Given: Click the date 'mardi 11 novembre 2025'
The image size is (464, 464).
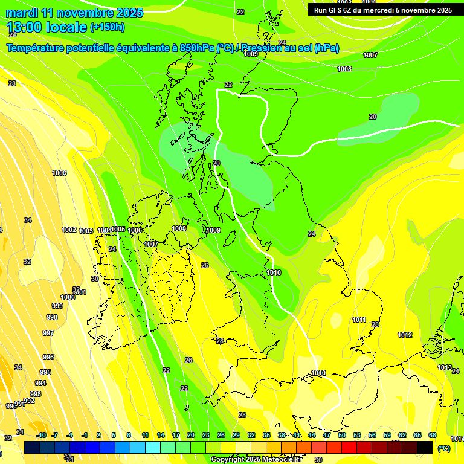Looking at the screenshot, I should (74, 13).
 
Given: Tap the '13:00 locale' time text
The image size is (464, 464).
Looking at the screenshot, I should (47, 27).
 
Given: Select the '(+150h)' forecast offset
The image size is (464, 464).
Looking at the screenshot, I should (107, 27).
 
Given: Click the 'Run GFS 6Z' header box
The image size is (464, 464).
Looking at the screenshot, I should (383, 10).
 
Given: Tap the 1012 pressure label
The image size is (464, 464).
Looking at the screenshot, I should (405, 335).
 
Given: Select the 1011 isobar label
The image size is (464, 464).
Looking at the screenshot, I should (359, 320).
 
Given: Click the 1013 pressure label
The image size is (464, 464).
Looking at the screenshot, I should (445, 367).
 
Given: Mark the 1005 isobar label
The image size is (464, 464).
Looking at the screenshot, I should (118, 229).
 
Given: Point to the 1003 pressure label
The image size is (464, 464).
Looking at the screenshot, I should (86, 231).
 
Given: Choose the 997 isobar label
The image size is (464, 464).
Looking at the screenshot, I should (48, 333).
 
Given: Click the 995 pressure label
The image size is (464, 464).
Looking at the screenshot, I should (45, 372).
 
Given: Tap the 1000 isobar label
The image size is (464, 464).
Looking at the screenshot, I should (68, 297).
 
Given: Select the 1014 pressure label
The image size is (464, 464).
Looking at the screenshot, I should (457, 439).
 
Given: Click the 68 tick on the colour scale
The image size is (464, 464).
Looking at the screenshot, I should (433, 435).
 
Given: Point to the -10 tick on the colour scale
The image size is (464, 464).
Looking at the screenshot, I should (41, 435).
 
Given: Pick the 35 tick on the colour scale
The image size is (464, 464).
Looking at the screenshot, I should (266, 435).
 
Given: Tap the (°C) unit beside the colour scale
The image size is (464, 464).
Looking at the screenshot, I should (443, 448).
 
